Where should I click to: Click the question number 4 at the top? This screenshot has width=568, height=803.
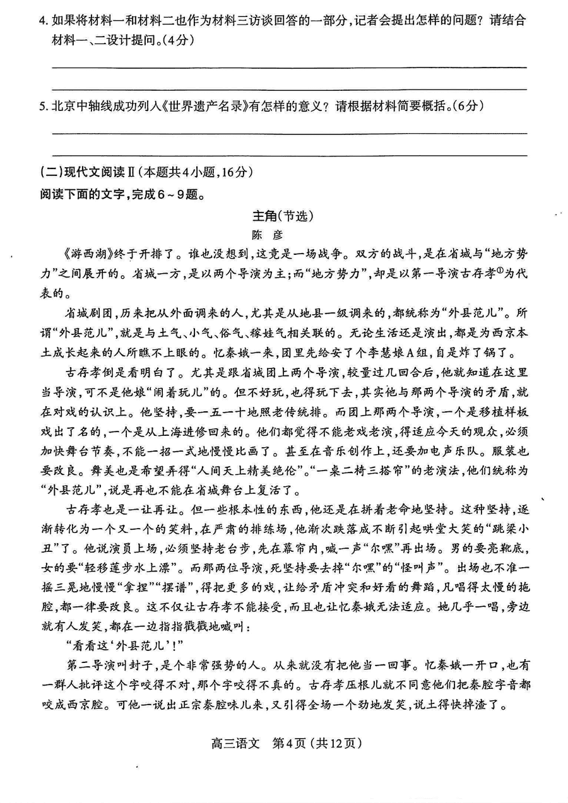[42, 20]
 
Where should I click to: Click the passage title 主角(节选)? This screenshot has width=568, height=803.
[283, 215]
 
